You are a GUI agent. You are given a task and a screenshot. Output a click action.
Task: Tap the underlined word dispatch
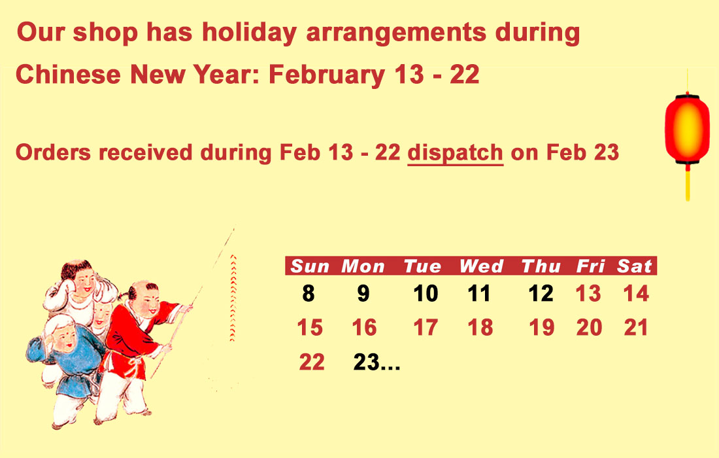(x=456, y=153)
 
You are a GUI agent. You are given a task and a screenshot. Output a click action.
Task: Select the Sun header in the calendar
(x=310, y=266)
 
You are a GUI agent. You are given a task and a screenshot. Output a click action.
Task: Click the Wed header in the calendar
(x=482, y=266)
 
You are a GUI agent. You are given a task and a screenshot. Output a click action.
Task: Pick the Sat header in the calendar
(x=634, y=266)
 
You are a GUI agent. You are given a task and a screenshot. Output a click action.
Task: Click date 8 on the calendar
(x=309, y=293)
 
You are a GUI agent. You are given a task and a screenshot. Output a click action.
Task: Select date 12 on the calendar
(x=541, y=293)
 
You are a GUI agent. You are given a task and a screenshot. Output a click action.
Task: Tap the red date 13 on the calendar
(x=588, y=293)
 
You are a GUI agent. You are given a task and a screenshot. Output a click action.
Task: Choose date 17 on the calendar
(x=426, y=328)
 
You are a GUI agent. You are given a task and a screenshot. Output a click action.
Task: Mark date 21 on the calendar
(x=635, y=328)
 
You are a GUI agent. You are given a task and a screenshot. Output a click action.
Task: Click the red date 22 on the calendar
(x=312, y=362)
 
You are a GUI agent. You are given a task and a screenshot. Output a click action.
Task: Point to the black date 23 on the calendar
(x=366, y=362)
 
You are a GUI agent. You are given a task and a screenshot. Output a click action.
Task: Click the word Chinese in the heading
(x=69, y=75)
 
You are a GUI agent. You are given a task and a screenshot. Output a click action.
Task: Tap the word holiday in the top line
(x=250, y=33)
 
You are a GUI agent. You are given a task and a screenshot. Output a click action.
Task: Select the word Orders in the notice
(x=54, y=153)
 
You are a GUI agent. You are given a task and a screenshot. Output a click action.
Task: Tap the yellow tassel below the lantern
(x=688, y=184)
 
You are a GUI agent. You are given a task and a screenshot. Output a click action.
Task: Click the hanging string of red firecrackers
(x=233, y=298)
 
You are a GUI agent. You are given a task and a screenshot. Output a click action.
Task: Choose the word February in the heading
(x=326, y=75)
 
